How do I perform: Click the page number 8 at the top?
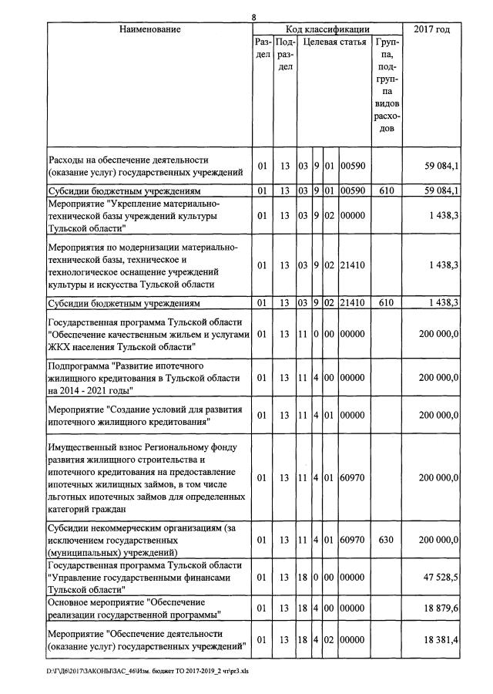253,18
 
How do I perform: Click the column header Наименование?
150,29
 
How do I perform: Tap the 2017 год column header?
432,29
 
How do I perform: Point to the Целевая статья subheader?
334,42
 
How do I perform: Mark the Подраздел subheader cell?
285,55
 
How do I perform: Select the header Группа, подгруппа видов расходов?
387,85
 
